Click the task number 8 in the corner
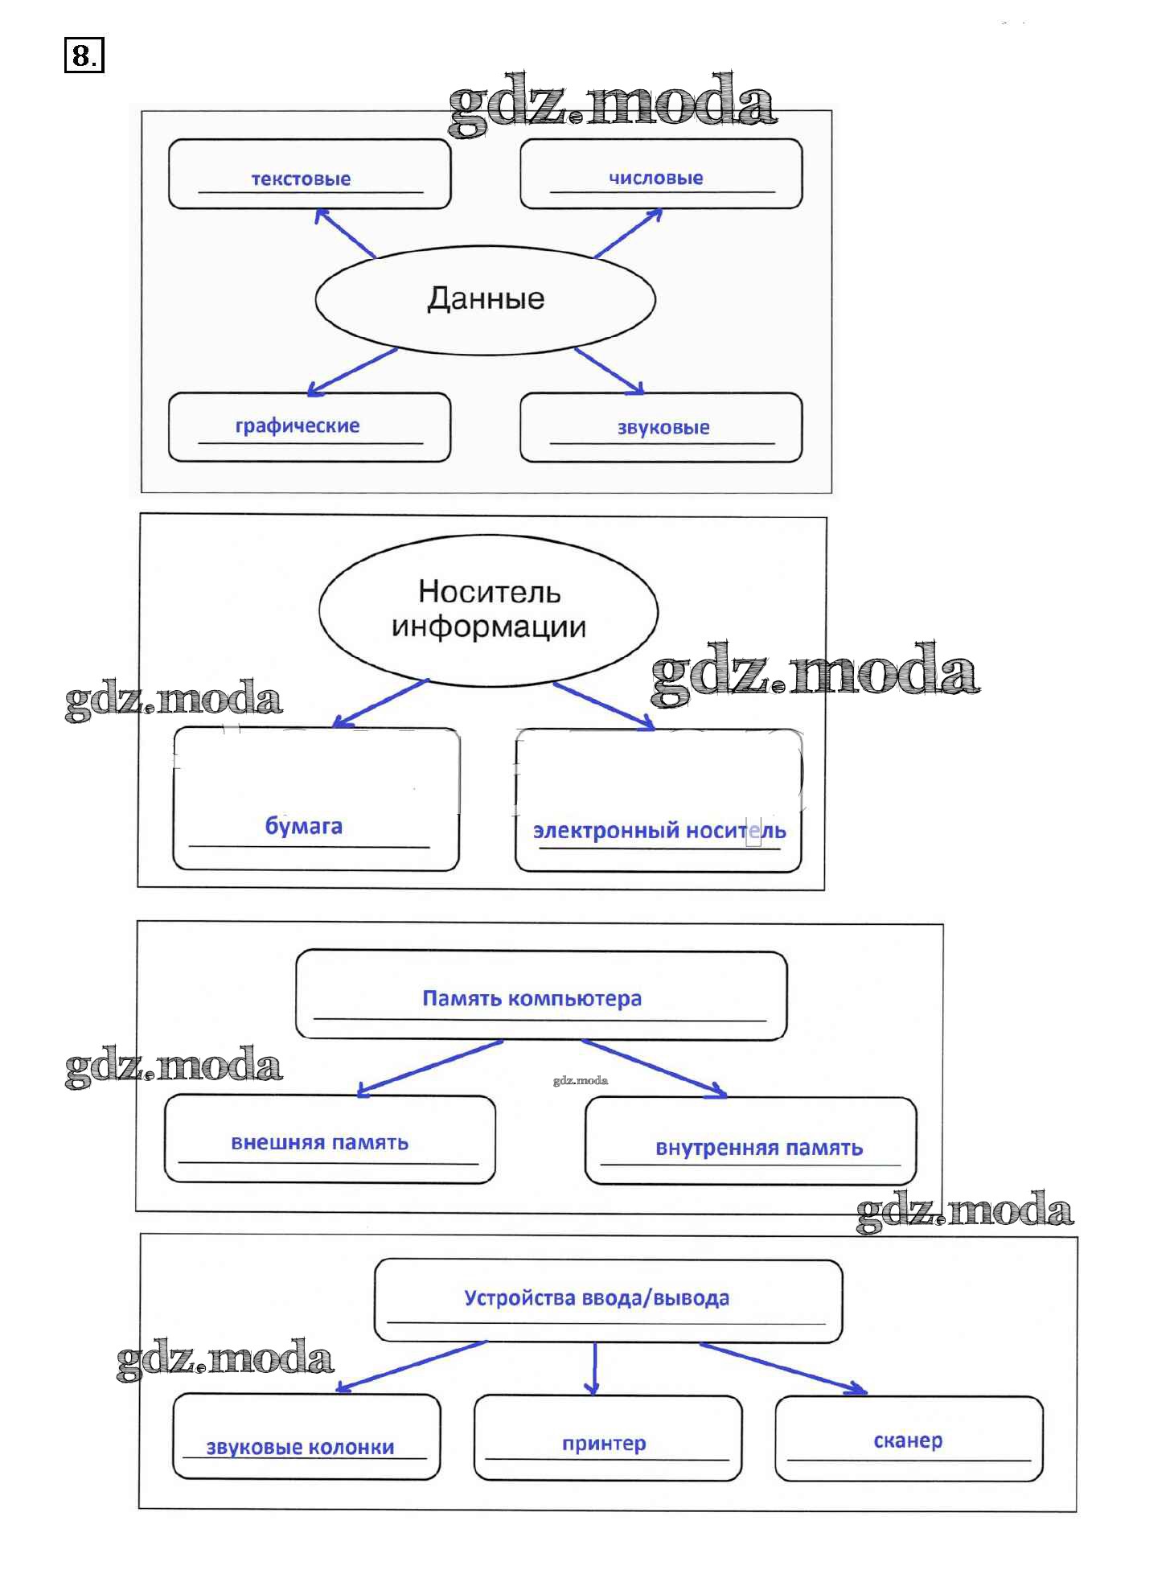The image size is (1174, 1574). click(x=84, y=55)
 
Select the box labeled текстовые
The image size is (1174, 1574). click(x=310, y=174)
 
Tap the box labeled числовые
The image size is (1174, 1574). click(x=661, y=174)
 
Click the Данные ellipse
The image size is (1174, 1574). click(x=485, y=299)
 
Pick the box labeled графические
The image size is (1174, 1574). click(x=310, y=427)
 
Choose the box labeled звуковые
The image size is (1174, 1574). click(x=661, y=427)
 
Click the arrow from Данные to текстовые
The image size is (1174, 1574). click(x=346, y=233)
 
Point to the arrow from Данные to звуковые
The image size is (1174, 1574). click(x=609, y=371)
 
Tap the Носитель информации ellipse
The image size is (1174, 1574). click(x=488, y=610)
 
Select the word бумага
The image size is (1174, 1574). click(x=304, y=826)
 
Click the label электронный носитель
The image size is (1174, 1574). click(x=659, y=830)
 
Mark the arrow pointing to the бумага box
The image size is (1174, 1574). click(x=380, y=703)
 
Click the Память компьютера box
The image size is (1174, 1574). click(x=540, y=995)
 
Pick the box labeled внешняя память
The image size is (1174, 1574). click(x=330, y=1140)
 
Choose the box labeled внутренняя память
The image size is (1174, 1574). click(x=751, y=1141)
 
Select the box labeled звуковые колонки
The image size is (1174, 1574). click(x=306, y=1437)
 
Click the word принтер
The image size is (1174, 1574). click(x=604, y=1443)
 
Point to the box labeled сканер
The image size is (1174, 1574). click(x=909, y=1439)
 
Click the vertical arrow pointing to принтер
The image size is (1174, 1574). click(x=594, y=1367)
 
